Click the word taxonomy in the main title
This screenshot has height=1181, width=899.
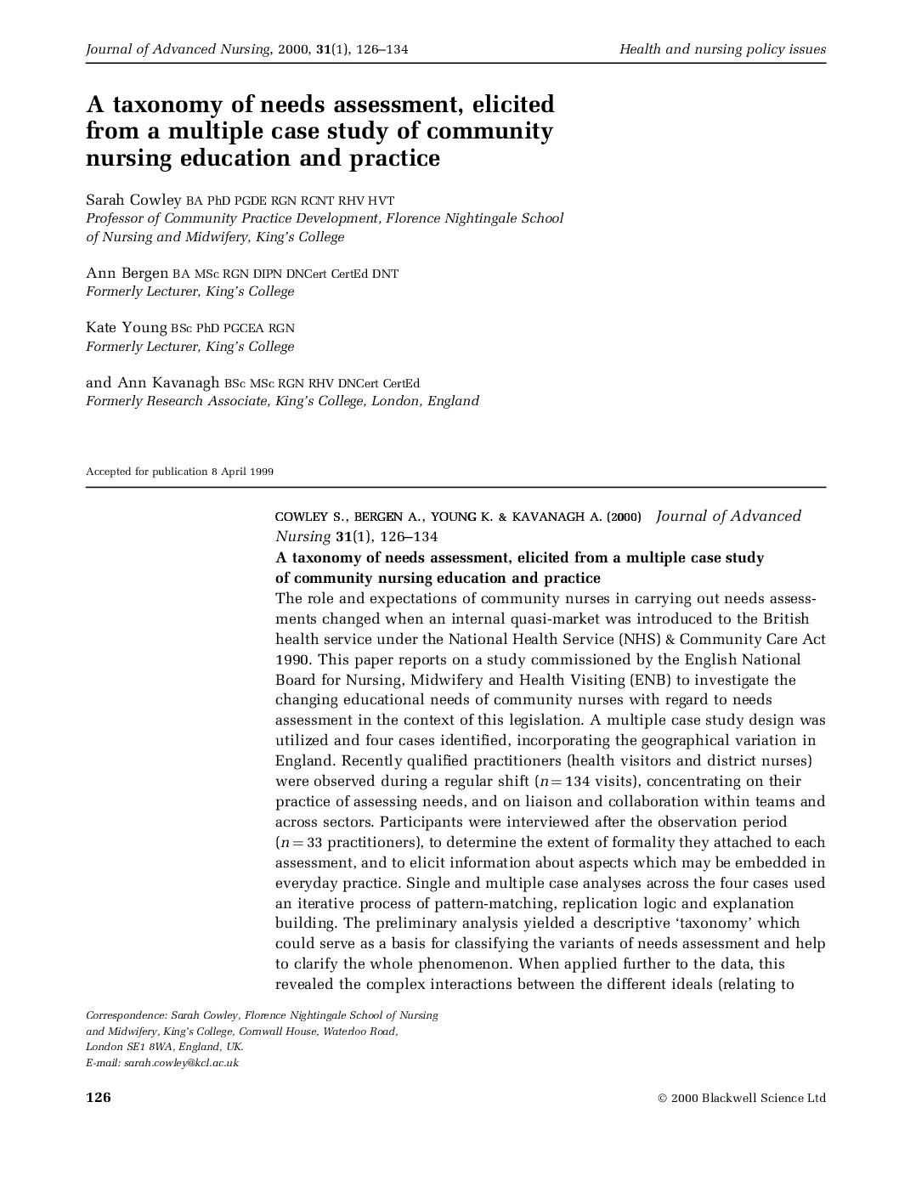tap(158, 105)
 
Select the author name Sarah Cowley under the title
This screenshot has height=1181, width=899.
tap(133, 200)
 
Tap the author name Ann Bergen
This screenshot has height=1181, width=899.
tap(127, 273)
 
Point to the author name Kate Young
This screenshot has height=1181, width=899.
tap(126, 327)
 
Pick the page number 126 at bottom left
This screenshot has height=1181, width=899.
tap(99, 1097)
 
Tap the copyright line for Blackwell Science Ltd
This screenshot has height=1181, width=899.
tap(741, 1098)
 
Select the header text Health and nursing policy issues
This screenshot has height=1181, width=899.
tap(722, 49)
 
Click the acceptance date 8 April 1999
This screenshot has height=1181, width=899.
tap(242, 472)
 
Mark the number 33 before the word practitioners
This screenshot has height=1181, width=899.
tap(314, 842)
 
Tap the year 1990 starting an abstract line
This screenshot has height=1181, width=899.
tap(292, 659)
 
